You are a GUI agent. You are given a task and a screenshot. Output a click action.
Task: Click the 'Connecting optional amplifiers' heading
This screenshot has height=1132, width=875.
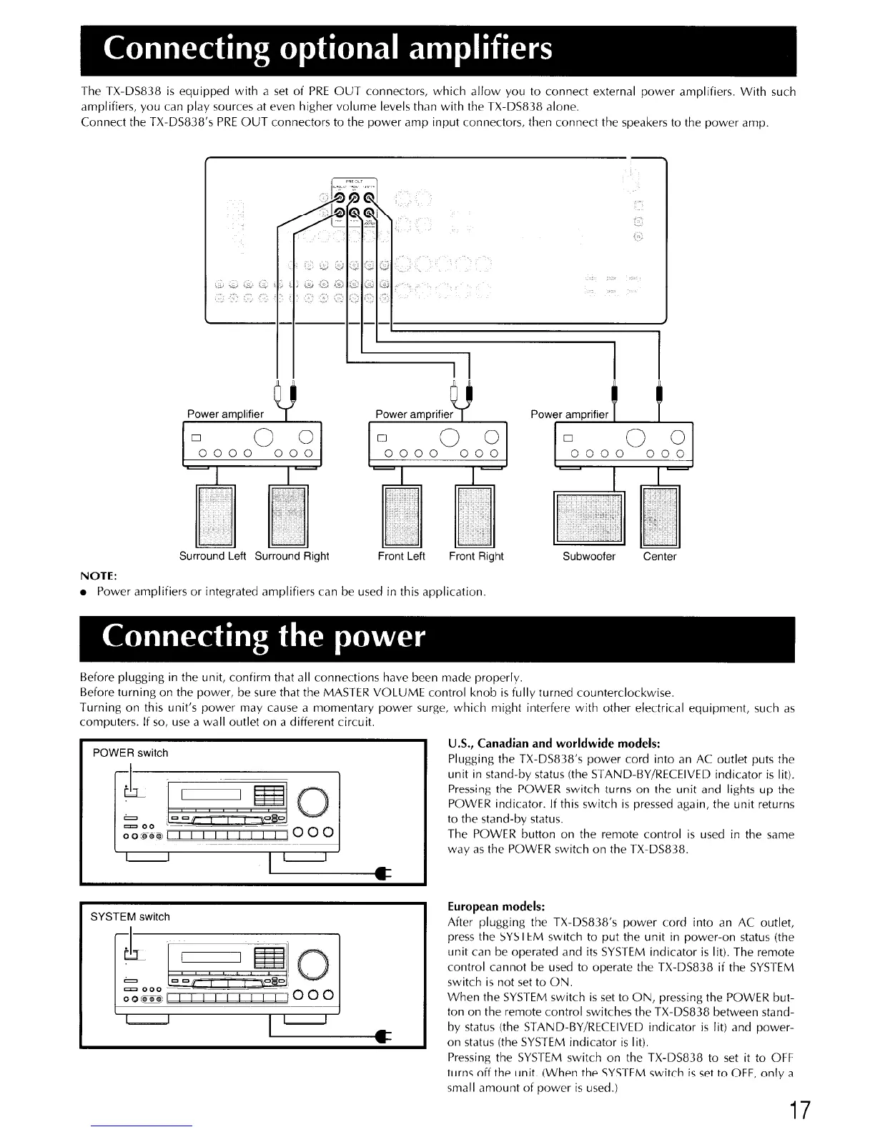(328, 49)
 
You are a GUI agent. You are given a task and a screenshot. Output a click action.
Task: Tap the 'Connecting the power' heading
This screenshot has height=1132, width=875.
(264, 637)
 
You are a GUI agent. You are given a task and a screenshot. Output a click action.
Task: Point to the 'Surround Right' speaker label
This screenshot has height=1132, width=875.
(292, 557)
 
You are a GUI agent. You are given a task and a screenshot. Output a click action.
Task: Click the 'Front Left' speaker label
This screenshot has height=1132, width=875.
(401, 557)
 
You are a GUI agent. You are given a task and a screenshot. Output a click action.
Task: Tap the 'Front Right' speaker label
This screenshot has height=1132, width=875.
(476, 557)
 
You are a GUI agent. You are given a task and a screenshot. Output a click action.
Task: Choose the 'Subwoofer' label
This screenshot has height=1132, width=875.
(589, 557)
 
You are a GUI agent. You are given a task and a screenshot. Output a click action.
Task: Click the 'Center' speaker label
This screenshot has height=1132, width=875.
(659, 557)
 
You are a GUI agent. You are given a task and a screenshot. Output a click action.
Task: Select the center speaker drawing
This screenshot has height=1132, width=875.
(661, 516)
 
